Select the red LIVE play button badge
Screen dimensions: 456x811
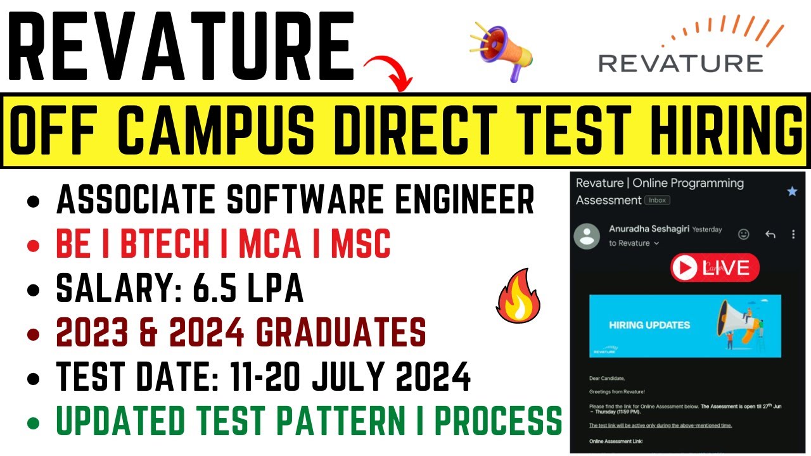click(x=715, y=268)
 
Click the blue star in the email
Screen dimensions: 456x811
click(x=792, y=191)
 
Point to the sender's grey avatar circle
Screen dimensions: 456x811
click(x=587, y=235)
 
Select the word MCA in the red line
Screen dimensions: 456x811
click(x=270, y=244)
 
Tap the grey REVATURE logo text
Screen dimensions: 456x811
click(x=680, y=63)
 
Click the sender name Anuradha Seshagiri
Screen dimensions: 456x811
click(x=648, y=229)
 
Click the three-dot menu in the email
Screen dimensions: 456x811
click(x=793, y=234)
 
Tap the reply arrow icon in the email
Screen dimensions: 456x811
click(x=770, y=234)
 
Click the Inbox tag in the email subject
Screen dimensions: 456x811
click(x=657, y=200)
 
